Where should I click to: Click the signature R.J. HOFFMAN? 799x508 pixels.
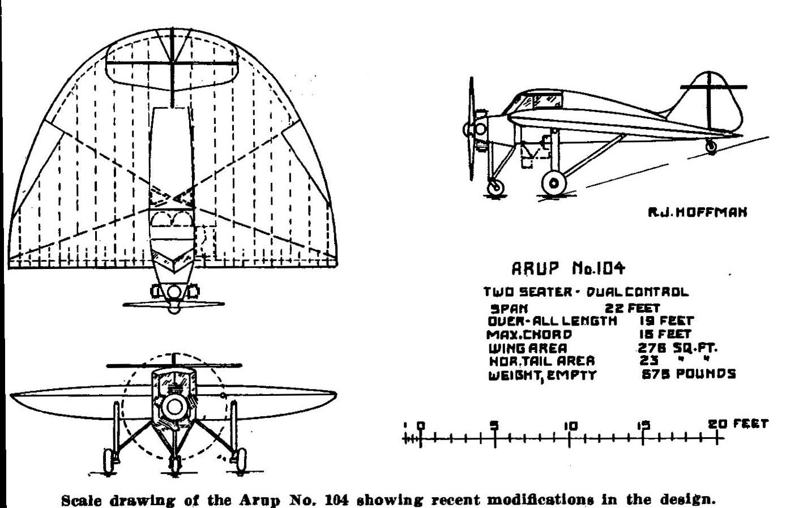pos(697,212)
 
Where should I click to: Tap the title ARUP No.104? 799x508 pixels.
pos(568,268)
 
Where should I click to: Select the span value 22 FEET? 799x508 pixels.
pos(633,308)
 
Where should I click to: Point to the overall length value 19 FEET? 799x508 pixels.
pos(666,321)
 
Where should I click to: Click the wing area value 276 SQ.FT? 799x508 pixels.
pos(677,348)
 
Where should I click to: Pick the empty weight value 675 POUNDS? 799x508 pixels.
pos(689,374)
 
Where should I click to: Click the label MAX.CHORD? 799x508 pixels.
pos(529,335)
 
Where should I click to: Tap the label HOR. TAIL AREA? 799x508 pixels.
pos(542,361)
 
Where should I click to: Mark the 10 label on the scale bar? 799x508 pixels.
pos(570,426)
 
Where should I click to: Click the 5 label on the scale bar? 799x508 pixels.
pos(494,425)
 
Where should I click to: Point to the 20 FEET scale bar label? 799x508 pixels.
pos(738,424)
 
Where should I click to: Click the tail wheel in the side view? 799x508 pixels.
pos(711,146)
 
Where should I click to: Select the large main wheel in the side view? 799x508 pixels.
pos(554,183)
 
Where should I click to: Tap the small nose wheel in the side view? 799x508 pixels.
pos(495,187)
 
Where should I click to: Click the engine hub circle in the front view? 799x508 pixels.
pos(174,407)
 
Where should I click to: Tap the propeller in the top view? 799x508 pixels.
pos(174,304)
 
